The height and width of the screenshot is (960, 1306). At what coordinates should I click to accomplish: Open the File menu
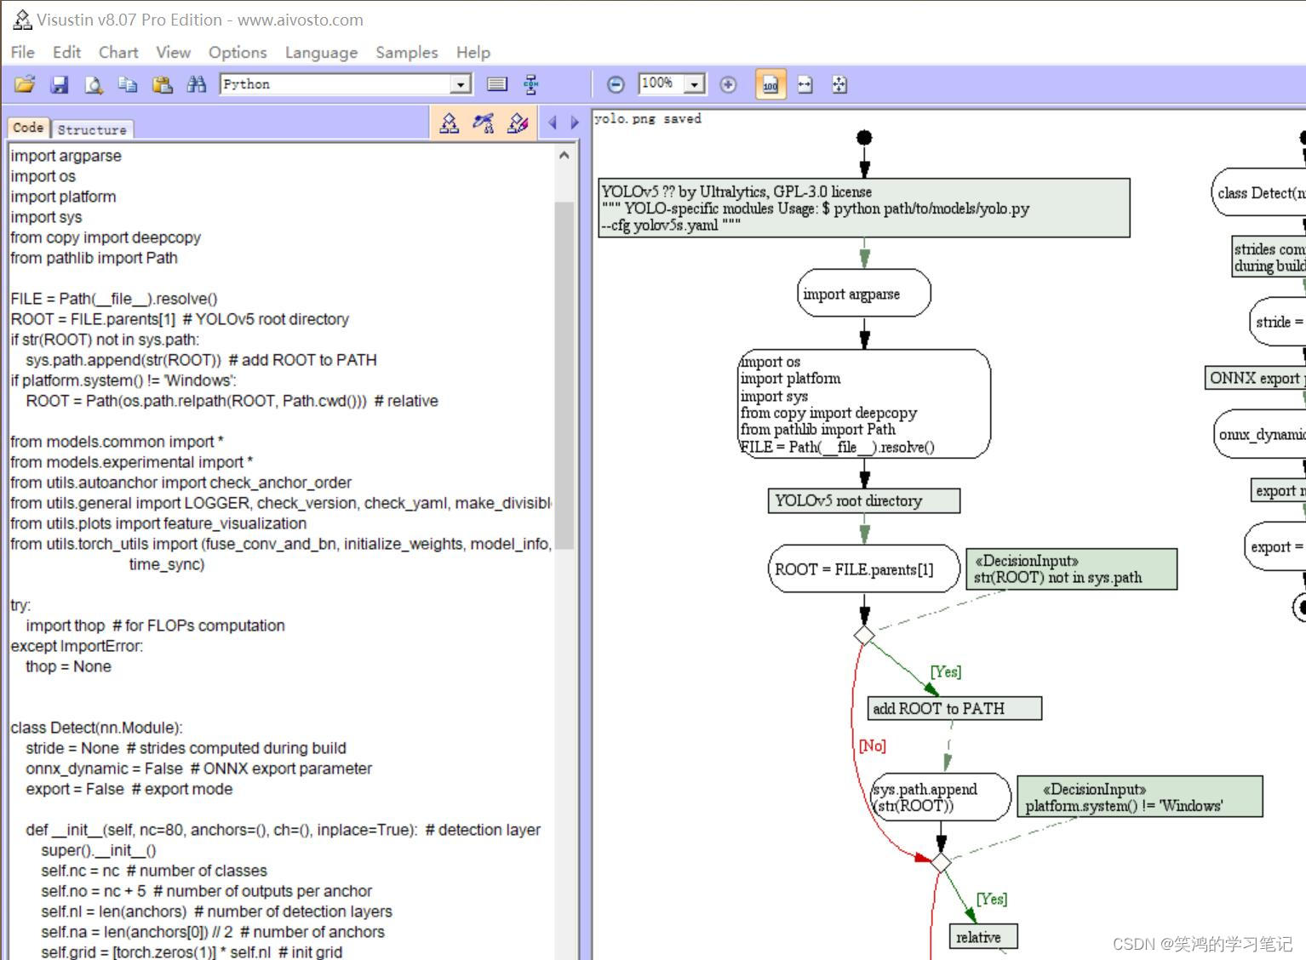22,52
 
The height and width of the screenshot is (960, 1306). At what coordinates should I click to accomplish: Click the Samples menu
406,52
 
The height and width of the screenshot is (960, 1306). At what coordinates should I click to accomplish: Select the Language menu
321,52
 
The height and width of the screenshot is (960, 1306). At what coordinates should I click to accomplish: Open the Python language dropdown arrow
461,84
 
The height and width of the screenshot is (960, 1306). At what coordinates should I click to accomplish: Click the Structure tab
92,129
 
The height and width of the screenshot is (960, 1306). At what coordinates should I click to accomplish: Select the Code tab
28,128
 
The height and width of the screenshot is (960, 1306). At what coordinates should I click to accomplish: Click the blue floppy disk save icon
60,84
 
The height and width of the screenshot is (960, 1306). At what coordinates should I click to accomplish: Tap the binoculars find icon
197,84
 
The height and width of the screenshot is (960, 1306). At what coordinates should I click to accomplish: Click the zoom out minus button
616,84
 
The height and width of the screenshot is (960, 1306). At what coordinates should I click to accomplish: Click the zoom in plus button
728,84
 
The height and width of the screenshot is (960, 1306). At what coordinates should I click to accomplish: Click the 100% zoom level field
662,83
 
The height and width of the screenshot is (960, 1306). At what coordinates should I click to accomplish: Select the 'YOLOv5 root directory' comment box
863,500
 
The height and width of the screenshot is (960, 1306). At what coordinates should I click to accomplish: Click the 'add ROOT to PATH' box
954,708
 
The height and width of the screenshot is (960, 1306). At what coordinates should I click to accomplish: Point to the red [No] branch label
872,746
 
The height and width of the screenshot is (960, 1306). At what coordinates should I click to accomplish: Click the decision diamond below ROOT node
864,635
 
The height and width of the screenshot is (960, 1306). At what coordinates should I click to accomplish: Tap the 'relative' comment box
982,937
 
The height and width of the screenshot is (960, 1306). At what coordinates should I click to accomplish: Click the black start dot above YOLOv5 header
864,138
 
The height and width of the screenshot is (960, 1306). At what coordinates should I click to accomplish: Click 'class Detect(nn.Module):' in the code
96,728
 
